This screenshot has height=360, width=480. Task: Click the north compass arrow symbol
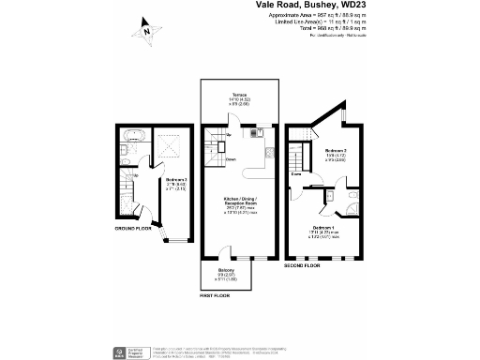(x=145, y=31)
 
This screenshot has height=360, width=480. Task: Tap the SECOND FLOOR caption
(x=302, y=265)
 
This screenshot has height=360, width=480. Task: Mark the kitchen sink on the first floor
(x=253, y=133)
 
